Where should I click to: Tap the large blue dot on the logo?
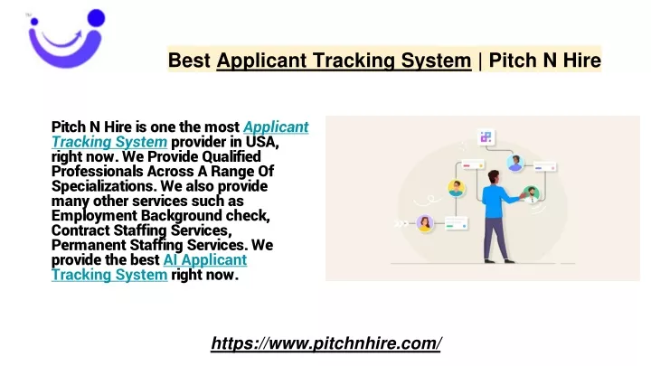[97, 18]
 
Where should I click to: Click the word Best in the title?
[189, 61]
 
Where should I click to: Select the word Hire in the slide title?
[581, 61]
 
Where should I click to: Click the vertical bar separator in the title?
[480, 61]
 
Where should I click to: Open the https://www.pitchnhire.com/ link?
[326, 343]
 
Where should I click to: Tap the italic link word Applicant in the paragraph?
[276, 127]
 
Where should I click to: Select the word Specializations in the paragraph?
[104, 186]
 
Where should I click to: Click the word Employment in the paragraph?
[94, 216]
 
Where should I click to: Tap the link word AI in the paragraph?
[170, 260]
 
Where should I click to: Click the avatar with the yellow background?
[457, 188]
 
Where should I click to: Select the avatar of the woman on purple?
[425, 223]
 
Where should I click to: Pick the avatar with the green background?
[531, 193]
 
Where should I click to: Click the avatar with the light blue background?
[514, 163]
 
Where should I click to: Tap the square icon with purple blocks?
[486, 137]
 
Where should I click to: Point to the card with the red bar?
[473, 165]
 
